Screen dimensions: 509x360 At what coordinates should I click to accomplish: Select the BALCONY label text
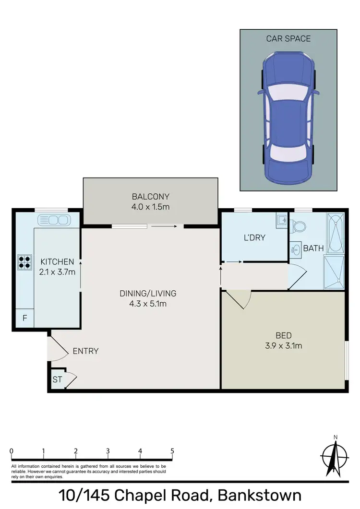(151, 196)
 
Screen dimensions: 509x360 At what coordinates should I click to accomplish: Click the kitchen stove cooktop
(25, 262)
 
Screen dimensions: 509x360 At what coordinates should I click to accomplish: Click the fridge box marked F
(24, 318)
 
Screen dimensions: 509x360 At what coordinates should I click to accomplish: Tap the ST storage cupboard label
(57, 379)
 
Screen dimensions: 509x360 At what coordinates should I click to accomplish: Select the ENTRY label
(85, 351)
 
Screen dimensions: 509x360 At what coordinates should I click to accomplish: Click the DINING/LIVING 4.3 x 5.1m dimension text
(148, 303)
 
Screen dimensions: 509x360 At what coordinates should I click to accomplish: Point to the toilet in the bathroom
(300, 225)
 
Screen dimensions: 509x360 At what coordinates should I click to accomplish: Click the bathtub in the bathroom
(335, 233)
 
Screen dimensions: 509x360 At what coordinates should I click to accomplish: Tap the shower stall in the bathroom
(334, 272)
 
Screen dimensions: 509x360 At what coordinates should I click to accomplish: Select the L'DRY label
(254, 237)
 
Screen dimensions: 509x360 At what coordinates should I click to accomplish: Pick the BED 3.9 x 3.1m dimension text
(284, 345)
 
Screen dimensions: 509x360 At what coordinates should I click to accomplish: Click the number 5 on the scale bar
(172, 451)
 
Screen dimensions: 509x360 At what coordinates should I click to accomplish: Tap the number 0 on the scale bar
(11, 451)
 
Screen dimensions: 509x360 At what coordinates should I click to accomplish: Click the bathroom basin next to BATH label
(295, 249)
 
